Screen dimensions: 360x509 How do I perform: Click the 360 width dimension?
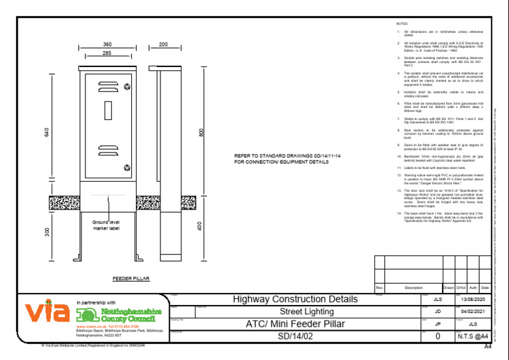point(107,44)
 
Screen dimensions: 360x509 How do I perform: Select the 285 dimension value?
point(107,52)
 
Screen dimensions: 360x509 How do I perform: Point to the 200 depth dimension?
point(163,44)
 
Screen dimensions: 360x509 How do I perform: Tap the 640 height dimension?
point(46,133)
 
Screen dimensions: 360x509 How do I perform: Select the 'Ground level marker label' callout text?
point(106,225)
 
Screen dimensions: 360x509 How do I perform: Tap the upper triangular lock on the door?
point(127,88)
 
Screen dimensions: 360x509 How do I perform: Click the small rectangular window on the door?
point(108,109)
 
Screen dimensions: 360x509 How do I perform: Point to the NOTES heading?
point(402,23)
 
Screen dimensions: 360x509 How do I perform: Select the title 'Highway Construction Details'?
point(295,300)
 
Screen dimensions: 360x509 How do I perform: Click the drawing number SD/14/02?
point(295,336)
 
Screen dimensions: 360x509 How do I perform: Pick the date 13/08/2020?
point(473,300)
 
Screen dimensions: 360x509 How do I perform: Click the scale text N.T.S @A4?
point(473,336)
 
